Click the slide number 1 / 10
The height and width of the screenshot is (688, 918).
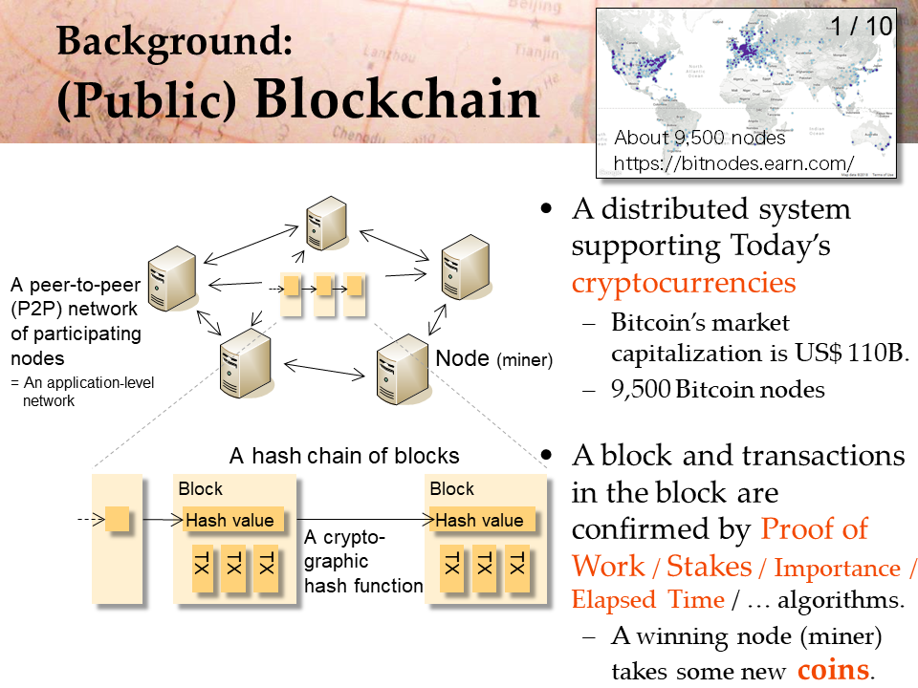(862, 27)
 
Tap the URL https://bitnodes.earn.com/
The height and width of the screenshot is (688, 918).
(733, 163)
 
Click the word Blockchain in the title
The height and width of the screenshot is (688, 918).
(397, 98)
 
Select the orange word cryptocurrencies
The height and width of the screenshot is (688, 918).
(683, 284)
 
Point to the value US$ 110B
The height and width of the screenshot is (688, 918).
(852, 353)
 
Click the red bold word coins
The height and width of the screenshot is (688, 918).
(834, 670)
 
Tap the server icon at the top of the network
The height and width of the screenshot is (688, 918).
(327, 224)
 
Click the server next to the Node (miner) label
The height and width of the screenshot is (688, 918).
(403, 369)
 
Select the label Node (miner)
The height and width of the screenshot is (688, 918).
(493, 358)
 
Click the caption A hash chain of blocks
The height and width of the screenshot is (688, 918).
(344, 456)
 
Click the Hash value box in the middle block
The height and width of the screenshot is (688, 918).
(233, 520)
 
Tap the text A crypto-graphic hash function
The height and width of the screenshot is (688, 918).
(363, 561)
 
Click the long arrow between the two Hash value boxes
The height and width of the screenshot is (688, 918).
(364, 519)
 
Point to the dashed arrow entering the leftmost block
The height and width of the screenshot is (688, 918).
(92, 518)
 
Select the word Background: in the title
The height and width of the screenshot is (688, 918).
(174, 41)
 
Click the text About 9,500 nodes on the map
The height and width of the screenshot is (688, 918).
(700, 138)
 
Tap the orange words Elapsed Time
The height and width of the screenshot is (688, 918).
(648, 600)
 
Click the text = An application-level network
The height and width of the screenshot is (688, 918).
(82, 392)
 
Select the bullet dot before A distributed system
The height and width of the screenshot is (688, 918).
(546, 208)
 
